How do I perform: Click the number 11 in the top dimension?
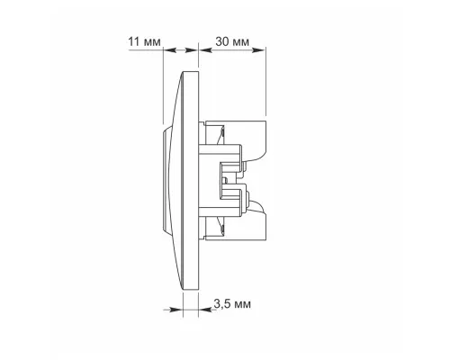click(134, 41)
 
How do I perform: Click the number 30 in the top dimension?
click(222, 41)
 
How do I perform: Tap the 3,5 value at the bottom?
click(222, 303)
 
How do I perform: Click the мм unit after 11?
click(152, 42)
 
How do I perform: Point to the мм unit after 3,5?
click(242, 305)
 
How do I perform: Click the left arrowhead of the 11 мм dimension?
click(169, 50)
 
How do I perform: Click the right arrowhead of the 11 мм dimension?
click(192, 50)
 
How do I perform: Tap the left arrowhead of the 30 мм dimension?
click(205, 50)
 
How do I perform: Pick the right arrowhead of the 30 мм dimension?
click(259, 50)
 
